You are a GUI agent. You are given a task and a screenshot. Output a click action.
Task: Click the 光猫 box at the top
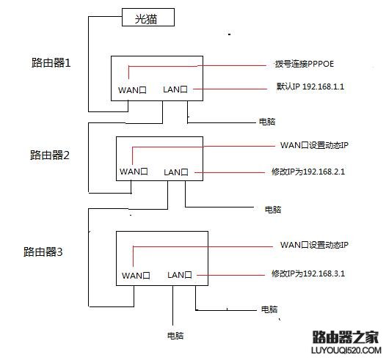148,18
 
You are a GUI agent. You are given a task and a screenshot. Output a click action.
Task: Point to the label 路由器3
43,252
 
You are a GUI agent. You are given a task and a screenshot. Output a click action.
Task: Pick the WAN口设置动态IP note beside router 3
313,244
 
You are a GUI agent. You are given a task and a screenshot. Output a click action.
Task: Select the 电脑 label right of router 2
273,210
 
